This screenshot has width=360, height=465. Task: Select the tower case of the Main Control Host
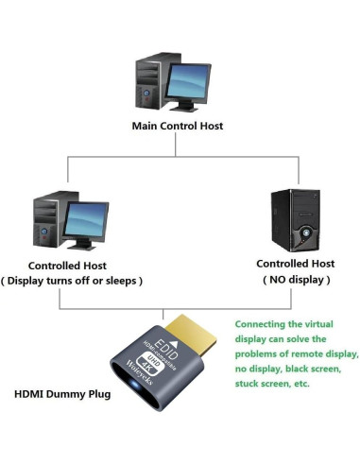[x=151, y=83]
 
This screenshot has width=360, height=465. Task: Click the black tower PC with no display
[x=295, y=219]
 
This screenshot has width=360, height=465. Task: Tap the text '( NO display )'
[x=296, y=280]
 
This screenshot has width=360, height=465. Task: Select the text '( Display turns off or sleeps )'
[x=86, y=281]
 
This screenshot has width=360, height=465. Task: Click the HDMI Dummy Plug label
[x=63, y=392]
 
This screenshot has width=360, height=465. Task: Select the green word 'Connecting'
[x=262, y=323]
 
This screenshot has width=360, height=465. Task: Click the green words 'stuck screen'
[x=261, y=384]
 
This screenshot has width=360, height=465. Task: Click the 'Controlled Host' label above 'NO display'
[x=296, y=264]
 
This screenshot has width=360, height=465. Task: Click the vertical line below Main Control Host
[x=180, y=145]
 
